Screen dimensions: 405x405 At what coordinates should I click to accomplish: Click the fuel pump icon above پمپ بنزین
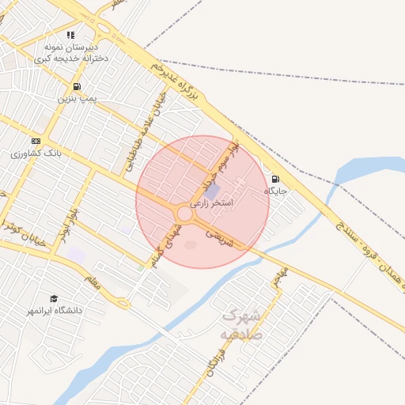(x=76, y=87)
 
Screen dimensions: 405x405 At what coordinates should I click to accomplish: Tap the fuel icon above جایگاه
(x=275, y=179)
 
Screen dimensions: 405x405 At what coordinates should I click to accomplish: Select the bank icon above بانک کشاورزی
(x=36, y=141)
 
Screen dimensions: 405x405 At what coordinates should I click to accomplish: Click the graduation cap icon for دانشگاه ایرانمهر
(x=54, y=299)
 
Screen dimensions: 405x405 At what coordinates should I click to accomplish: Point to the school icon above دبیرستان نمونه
(x=71, y=36)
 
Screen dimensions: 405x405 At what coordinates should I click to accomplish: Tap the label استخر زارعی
(x=213, y=203)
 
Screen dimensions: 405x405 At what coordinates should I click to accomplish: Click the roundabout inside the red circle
(x=184, y=214)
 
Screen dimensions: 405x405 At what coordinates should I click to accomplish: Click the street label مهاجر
(x=280, y=277)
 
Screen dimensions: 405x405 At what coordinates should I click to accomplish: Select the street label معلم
(x=93, y=282)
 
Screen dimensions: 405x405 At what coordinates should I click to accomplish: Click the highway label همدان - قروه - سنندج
(x=364, y=254)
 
